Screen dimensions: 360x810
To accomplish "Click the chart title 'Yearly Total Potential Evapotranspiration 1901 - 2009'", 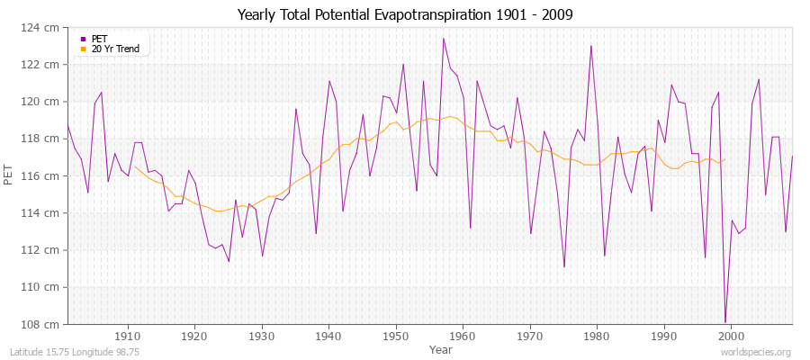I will pos(405,15).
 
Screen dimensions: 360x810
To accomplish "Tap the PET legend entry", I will pos(99,39).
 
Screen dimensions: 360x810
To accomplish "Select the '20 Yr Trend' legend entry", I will pos(115,49).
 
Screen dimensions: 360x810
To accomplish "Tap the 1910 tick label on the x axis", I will pos(128,335).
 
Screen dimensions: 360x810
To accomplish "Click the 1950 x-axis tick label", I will pos(395,335).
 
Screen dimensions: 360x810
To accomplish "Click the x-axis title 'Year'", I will pos(441,348).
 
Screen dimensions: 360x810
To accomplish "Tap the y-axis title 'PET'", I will pos(10,175).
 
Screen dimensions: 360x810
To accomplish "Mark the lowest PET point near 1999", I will pos(724,322).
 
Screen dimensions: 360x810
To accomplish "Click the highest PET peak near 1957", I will pos(443,39).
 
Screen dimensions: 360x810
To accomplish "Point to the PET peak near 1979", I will pos(590,46).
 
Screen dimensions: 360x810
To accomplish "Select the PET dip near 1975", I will pos(563,266).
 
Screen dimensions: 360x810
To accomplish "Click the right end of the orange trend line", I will pos(724,159).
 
